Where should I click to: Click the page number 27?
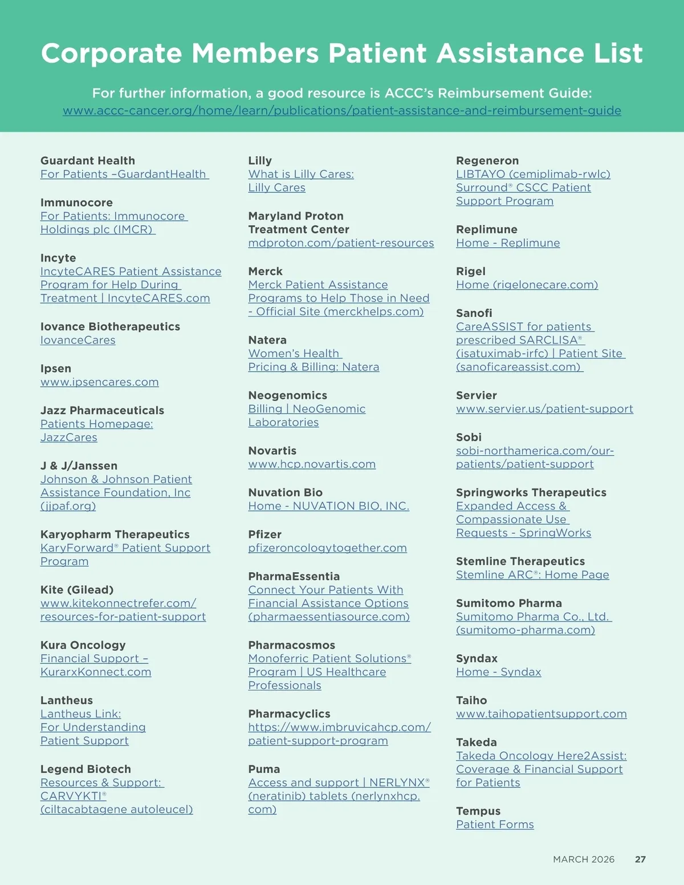point(640,859)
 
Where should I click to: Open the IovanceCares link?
point(78,340)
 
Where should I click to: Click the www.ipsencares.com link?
point(99,382)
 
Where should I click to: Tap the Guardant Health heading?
point(88,161)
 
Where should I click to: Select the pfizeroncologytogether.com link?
point(327,548)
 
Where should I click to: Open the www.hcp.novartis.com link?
point(312,464)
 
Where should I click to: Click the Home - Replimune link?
point(508,243)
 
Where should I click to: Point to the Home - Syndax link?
point(498,672)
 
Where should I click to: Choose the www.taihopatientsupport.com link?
point(541,713)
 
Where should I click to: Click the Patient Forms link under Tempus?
point(495,824)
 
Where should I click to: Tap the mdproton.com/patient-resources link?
point(341,243)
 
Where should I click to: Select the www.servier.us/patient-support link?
point(544,409)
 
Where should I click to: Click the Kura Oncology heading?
point(83,645)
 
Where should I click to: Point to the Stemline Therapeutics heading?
point(520,561)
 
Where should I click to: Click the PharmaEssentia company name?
point(294,576)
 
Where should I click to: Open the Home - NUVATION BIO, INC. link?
point(328,506)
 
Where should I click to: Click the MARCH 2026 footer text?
point(584,859)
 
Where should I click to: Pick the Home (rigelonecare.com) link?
point(527,284)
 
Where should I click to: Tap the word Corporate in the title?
point(112,54)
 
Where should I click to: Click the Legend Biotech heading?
point(85,769)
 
